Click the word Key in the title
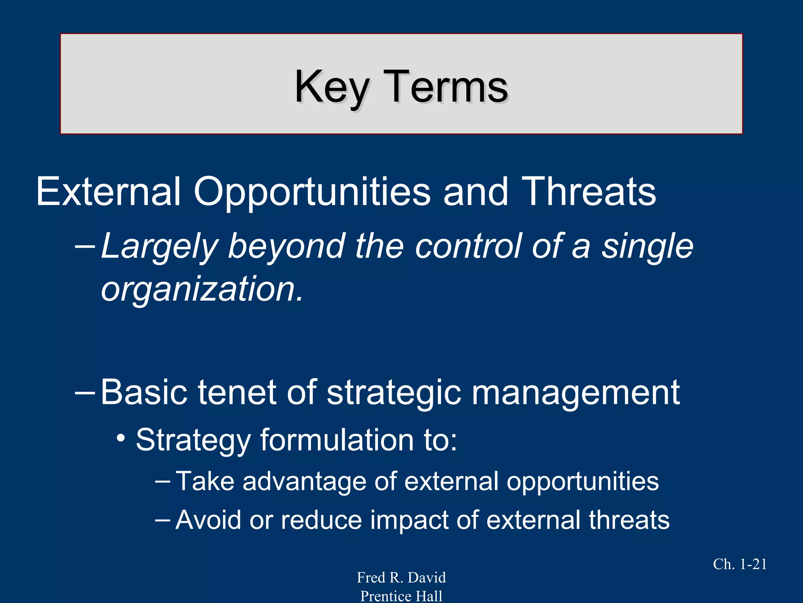click(x=331, y=87)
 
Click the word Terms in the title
click(x=445, y=87)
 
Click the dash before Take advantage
click(x=162, y=481)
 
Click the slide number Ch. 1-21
click(x=739, y=564)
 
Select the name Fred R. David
click(x=401, y=577)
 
